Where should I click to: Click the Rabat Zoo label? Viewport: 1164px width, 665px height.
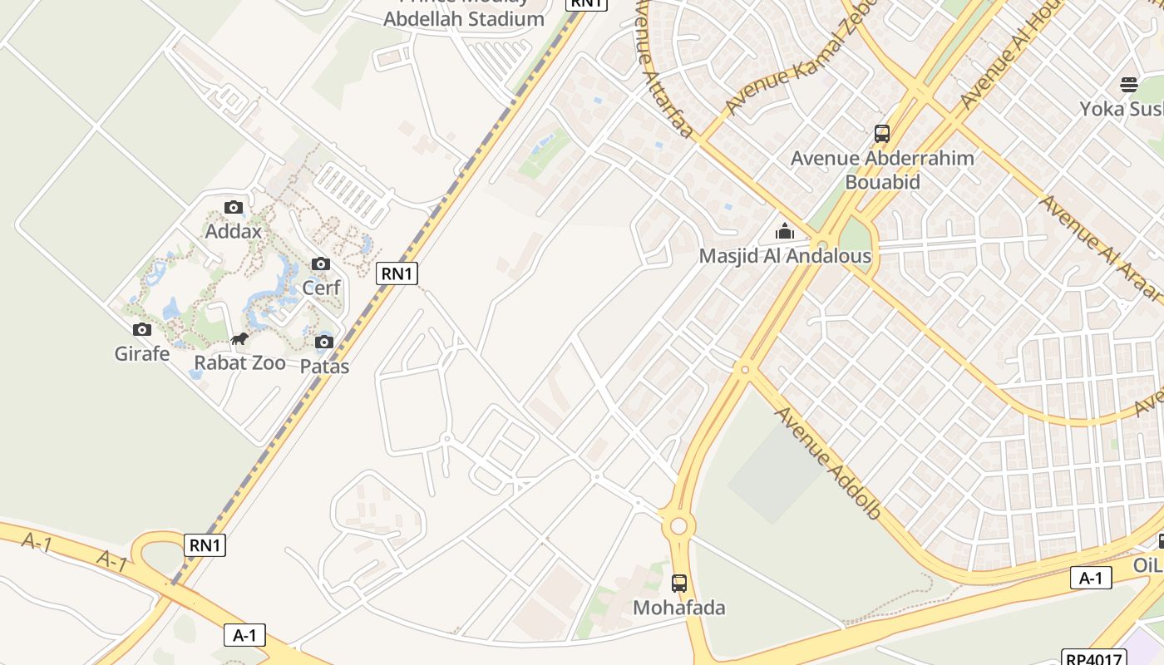[239, 363]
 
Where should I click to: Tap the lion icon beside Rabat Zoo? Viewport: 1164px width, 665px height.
[239, 339]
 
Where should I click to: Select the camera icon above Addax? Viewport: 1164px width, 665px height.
[234, 208]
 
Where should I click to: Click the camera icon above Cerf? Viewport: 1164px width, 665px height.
[320, 264]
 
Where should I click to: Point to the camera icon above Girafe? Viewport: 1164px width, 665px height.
[142, 330]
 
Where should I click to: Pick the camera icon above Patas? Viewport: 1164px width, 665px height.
[324, 342]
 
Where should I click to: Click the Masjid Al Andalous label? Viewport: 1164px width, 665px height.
[785, 256]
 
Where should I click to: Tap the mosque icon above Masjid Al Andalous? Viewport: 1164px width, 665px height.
[785, 231]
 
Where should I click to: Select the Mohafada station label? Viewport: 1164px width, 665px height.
[679, 608]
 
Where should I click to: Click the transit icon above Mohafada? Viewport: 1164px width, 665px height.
[679, 584]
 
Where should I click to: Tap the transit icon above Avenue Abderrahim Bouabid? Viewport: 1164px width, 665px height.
[881, 133]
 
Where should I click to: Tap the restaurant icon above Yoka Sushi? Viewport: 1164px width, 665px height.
[1128, 84]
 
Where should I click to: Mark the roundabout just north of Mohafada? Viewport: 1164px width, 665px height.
[679, 525]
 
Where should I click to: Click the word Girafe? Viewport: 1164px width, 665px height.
[142, 354]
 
